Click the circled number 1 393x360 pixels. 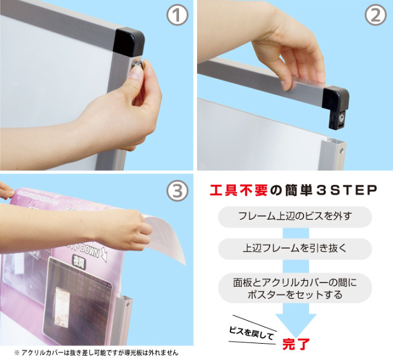click(x=177, y=15)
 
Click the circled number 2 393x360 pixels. click(x=375, y=15)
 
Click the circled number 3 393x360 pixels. click(x=177, y=191)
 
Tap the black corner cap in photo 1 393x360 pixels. click(x=129, y=41)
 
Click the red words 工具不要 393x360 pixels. click(x=239, y=191)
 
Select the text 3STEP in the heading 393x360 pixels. click(x=346, y=191)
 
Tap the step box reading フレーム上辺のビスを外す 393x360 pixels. click(x=295, y=217)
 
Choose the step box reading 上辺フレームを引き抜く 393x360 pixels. click(x=295, y=249)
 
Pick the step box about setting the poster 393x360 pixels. click(x=295, y=288)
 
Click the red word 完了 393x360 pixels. click(x=296, y=344)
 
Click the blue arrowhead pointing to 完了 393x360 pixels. click(x=296, y=326)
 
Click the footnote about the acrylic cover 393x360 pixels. click(x=96, y=353)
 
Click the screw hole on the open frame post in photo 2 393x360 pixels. click(x=341, y=151)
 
